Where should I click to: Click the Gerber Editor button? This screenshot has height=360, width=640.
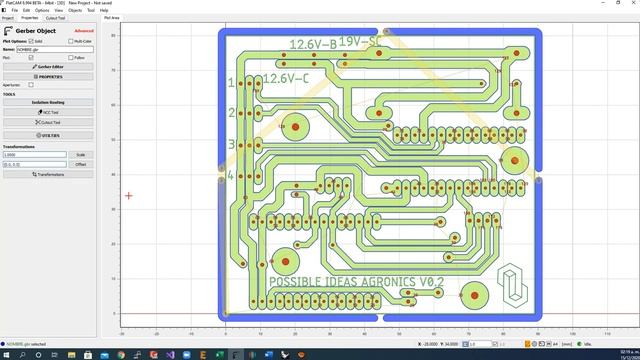click(49, 66)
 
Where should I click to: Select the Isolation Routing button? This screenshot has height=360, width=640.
click(49, 102)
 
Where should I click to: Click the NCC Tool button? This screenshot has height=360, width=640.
click(49, 112)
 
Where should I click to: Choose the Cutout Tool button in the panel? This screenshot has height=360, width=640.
click(49, 122)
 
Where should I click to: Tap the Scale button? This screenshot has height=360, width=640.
click(81, 155)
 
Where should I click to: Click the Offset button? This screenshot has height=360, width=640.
click(81, 164)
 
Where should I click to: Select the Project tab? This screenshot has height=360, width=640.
click(8, 18)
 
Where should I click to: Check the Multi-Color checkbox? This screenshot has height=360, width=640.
click(70, 41)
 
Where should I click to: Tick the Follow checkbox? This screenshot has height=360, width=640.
click(70, 58)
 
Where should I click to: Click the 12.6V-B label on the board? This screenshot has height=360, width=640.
click(311, 45)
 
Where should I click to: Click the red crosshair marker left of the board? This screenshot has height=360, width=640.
click(128, 195)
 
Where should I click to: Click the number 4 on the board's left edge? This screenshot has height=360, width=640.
click(230, 176)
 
